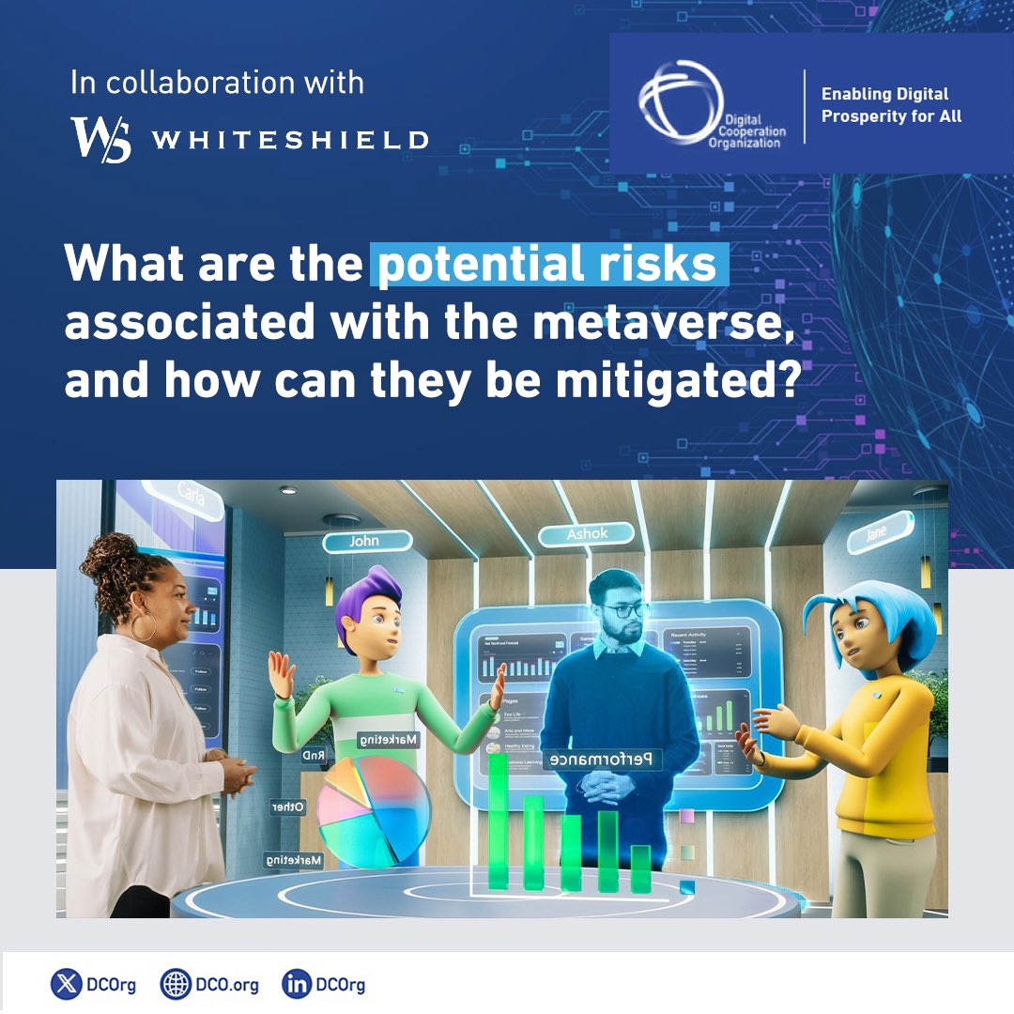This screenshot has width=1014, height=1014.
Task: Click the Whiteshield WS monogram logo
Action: [x=100, y=139]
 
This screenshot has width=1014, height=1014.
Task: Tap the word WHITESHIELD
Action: [x=290, y=141]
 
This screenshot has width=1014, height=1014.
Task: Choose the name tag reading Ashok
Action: [x=587, y=534]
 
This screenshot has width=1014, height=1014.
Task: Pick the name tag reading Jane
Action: [x=879, y=532]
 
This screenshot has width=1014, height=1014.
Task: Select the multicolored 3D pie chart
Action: [x=374, y=808]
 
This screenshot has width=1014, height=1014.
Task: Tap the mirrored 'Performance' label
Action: [x=605, y=759]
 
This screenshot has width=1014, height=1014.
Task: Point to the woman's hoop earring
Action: [x=144, y=626]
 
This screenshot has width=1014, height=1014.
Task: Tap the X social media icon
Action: [x=66, y=986]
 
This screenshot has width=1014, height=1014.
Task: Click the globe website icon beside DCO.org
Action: [x=175, y=986]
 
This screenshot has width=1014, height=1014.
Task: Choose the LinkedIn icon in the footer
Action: [x=296, y=986]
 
